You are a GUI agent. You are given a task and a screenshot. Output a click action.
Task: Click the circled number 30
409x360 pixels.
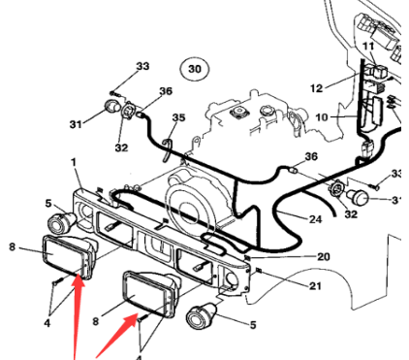click(195, 69)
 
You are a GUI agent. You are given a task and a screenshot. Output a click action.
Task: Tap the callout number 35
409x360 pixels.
click(178, 117)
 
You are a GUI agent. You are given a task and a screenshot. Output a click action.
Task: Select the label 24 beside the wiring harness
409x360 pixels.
click(315, 219)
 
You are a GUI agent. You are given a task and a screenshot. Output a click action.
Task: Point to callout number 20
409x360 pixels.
click(324, 257)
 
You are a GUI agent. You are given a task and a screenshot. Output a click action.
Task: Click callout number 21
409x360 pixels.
click(315, 286)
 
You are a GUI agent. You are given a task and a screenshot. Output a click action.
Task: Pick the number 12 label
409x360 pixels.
click(317, 88)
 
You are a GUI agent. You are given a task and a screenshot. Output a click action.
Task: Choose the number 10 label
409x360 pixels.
click(322, 117)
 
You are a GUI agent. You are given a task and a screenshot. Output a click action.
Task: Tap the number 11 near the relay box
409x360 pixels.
click(368, 47)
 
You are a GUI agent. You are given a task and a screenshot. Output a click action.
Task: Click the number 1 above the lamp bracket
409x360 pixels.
click(75, 162)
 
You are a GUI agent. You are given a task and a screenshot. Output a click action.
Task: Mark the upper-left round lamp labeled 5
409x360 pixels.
click(61, 222)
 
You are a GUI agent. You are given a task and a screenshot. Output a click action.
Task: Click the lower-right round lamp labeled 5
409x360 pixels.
click(201, 314)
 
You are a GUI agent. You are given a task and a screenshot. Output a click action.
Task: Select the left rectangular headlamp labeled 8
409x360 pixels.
click(69, 256)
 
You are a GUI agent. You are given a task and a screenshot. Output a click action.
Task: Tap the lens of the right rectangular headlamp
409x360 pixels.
click(145, 292)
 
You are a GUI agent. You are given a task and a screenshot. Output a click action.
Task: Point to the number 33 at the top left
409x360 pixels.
click(142, 66)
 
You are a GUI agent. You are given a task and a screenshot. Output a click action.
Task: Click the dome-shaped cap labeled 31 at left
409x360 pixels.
click(111, 107)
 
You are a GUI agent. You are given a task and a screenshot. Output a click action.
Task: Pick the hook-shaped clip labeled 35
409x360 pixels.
click(167, 149)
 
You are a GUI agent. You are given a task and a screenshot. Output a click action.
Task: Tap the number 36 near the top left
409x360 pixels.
click(166, 91)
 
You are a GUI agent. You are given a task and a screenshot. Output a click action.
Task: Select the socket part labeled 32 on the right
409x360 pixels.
click(336, 189)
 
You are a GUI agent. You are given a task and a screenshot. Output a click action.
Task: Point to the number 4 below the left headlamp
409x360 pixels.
click(47, 322)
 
